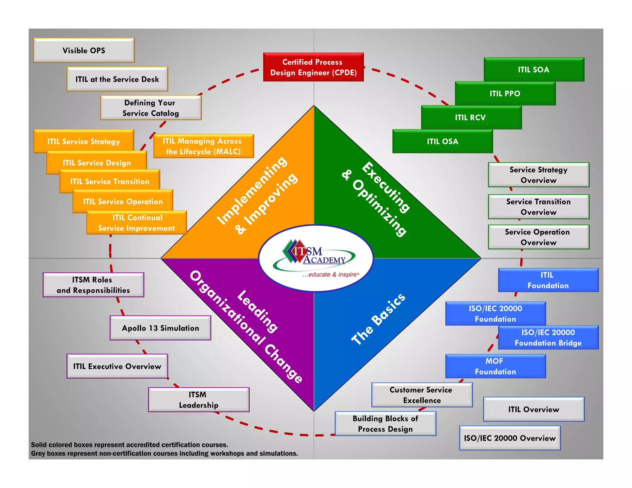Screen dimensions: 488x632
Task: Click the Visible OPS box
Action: pos(84,50)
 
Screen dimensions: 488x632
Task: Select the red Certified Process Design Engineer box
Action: pos(313,67)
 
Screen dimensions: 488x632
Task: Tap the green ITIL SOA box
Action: pos(534,69)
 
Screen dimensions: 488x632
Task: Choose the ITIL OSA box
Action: pos(442,141)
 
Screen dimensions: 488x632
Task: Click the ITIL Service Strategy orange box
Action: pos(83,141)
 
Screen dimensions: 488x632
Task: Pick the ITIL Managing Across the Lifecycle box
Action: pos(203,146)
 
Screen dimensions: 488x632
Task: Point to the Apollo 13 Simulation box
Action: pos(160,328)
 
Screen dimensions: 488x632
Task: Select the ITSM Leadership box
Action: pos(198,400)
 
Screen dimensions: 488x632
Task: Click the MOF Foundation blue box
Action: pos(495,366)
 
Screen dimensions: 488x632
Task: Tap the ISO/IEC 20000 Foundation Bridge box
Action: pos(548,337)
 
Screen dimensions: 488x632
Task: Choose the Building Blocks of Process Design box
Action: pos(385,424)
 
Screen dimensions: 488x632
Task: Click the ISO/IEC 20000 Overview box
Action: pos(509,438)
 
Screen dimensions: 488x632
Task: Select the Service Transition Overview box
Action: pos(538,207)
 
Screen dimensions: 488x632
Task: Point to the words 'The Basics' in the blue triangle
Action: pos(378,319)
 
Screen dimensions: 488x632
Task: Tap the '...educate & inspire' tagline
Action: pos(331,275)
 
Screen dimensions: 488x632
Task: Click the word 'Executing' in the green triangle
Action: pos(386,187)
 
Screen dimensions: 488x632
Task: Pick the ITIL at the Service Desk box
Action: pos(117,79)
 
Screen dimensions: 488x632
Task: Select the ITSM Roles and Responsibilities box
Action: pos(93,285)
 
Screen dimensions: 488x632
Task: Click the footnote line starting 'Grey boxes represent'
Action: pos(164,453)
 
